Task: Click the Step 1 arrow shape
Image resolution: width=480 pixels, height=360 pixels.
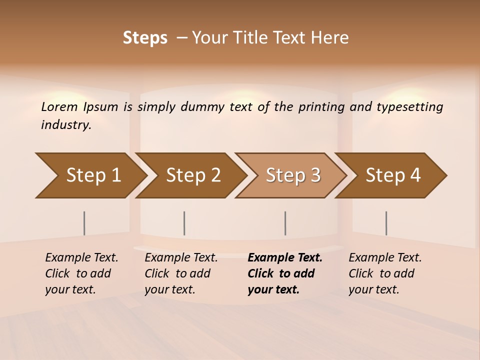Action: point(92,175)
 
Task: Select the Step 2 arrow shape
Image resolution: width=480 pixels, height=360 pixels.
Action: point(192,175)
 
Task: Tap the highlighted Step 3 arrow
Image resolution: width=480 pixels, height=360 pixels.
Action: point(292,175)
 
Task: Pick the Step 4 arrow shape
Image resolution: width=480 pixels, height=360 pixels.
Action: point(392,175)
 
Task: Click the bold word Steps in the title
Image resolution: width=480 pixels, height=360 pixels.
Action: point(145,38)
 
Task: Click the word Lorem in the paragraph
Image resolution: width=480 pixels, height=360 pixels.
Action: point(59,107)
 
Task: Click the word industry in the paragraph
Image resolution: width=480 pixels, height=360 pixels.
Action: point(66,125)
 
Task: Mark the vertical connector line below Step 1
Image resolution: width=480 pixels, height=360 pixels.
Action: point(84,223)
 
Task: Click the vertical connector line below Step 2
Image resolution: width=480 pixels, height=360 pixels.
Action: point(184,223)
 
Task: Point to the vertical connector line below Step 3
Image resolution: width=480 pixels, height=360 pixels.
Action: point(285,223)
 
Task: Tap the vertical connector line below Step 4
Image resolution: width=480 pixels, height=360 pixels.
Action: point(386,223)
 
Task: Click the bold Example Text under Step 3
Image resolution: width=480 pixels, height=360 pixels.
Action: point(285,258)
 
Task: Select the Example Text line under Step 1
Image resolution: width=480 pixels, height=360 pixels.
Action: point(81,258)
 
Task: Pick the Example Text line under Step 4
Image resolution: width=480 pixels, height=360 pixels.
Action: point(385,258)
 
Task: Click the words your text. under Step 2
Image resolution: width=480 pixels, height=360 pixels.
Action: point(170,289)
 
